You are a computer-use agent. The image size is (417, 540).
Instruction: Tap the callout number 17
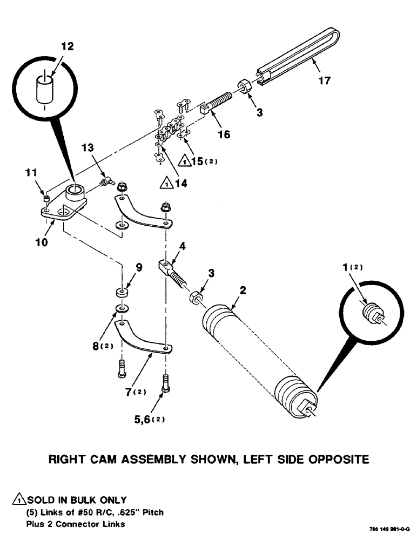click(x=324, y=81)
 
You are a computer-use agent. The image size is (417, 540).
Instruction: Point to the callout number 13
click(x=88, y=147)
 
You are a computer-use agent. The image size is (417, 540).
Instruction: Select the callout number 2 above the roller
click(x=243, y=290)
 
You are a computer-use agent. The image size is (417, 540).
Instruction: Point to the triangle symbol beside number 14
click(x=167, y=184)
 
